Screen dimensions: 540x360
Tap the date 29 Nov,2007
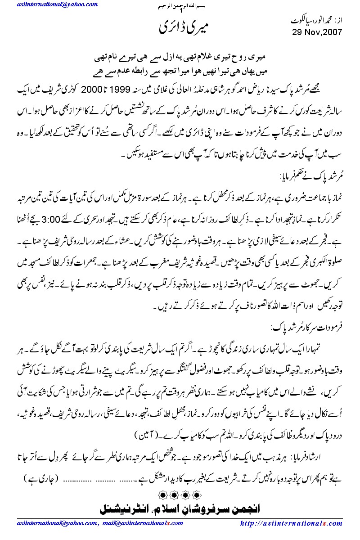(317, 32)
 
